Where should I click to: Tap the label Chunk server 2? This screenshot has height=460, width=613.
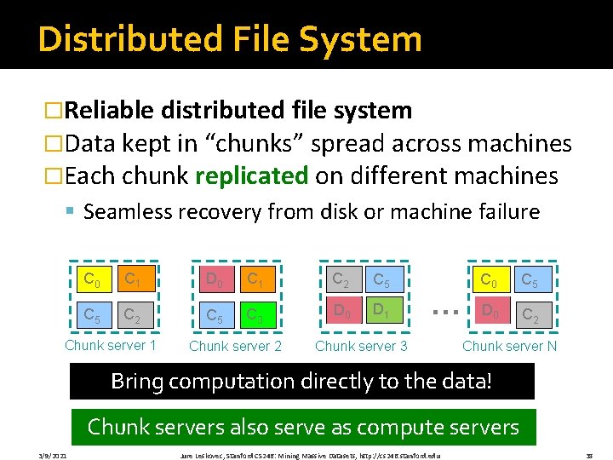pyautogui.click(x=235, y=346)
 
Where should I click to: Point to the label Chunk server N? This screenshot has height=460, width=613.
pyautogui.click(x=509, y=346)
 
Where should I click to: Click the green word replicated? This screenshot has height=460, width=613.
pyautogui.click(x=251, y=176)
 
